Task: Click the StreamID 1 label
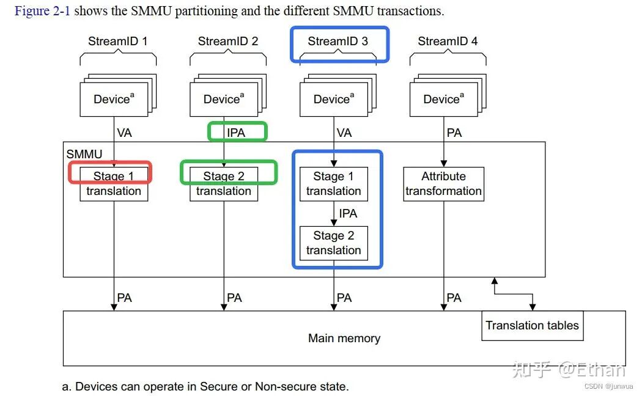117,42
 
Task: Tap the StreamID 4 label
448,42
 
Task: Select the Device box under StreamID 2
224,100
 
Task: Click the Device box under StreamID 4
444,100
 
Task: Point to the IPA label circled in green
236,133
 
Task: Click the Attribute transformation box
444,184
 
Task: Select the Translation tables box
533,326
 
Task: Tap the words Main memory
344,339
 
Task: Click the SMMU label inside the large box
84,154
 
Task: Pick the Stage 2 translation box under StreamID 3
334,243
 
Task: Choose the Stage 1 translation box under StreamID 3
334,184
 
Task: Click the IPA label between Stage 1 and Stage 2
348,213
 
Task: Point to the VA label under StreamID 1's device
125,133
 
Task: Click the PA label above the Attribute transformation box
454,133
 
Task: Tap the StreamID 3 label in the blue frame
338,42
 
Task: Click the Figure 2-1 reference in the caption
43,11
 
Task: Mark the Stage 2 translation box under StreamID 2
224,184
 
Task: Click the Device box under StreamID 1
114,100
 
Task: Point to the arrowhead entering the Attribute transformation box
444,164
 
